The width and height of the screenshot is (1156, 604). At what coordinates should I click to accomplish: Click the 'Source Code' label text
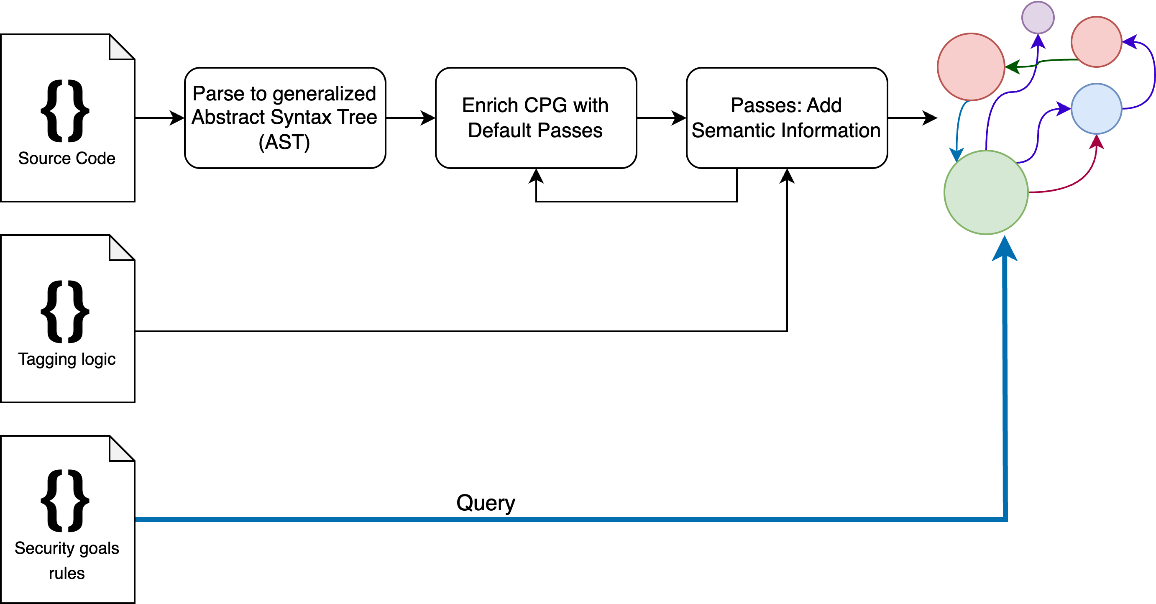coord(66,159)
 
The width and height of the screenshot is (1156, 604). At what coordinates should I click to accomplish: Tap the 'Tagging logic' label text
coord(66,359)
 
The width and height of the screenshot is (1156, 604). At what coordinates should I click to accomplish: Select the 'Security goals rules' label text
coord(66,560)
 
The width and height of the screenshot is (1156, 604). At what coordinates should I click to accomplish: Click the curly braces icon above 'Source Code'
coord(65,111)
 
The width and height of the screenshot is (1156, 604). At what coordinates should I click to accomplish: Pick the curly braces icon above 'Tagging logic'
coord(65,312)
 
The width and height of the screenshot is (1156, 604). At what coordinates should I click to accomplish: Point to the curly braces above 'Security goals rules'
coord(65,501)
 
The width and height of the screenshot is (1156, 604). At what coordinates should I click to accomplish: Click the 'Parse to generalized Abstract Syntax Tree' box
coord(285,118)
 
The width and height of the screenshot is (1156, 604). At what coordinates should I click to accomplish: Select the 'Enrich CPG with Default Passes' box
coord(535,118)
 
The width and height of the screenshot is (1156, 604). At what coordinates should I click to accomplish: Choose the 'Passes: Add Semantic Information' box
coord(786,118)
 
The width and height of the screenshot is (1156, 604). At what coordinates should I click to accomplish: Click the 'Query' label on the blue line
coord(486,503)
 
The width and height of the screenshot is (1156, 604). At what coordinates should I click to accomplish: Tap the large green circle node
coord(986,192)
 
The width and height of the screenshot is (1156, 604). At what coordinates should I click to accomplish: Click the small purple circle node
coord(1038,18)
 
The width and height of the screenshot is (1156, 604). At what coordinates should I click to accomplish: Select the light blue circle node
coord(1096,109)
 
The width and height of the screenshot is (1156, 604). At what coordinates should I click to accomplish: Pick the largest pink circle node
coord(971,67)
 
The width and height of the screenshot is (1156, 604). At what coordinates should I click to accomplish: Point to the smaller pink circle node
coord(1096,42)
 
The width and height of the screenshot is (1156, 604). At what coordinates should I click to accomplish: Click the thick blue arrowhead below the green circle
coord(1004,249)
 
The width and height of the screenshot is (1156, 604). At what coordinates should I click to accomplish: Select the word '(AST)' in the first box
coord(284,142)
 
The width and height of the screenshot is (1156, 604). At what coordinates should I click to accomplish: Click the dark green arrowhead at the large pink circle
coord(1013,67)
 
